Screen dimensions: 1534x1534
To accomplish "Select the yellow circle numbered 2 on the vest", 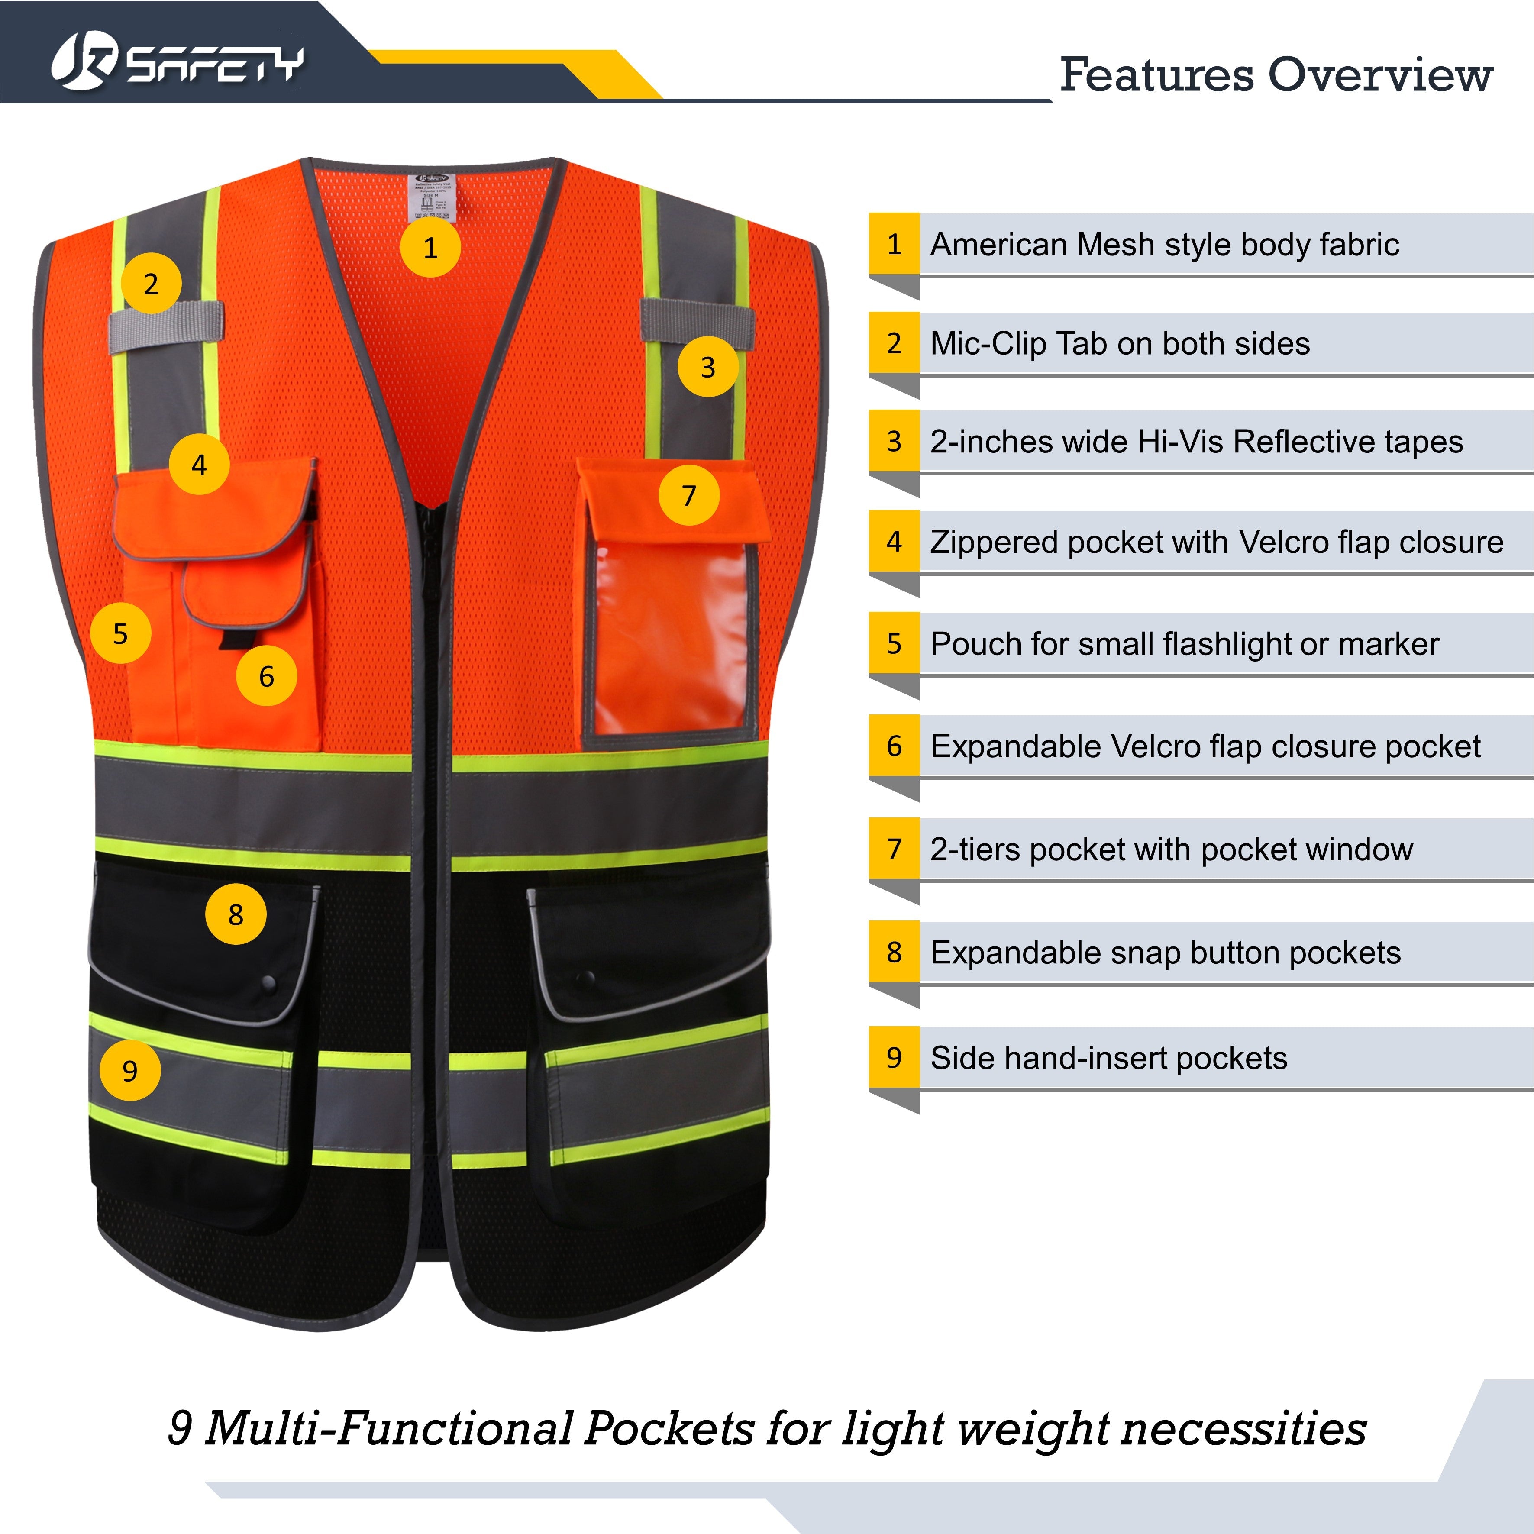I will pos(151,284).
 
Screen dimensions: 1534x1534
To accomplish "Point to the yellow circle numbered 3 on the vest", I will pos(707,367).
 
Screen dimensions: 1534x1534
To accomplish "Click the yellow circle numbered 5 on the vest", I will pos(121,633).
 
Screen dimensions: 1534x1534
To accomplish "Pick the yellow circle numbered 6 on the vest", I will pos(267,676).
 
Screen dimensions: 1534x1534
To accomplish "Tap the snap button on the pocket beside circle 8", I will pos(268,983).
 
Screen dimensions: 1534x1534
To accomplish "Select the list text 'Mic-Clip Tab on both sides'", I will pos(1120,344).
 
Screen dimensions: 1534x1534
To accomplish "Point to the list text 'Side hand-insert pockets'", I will pos(1108,1059).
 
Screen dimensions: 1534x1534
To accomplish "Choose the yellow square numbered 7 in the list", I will pos(894,849).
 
